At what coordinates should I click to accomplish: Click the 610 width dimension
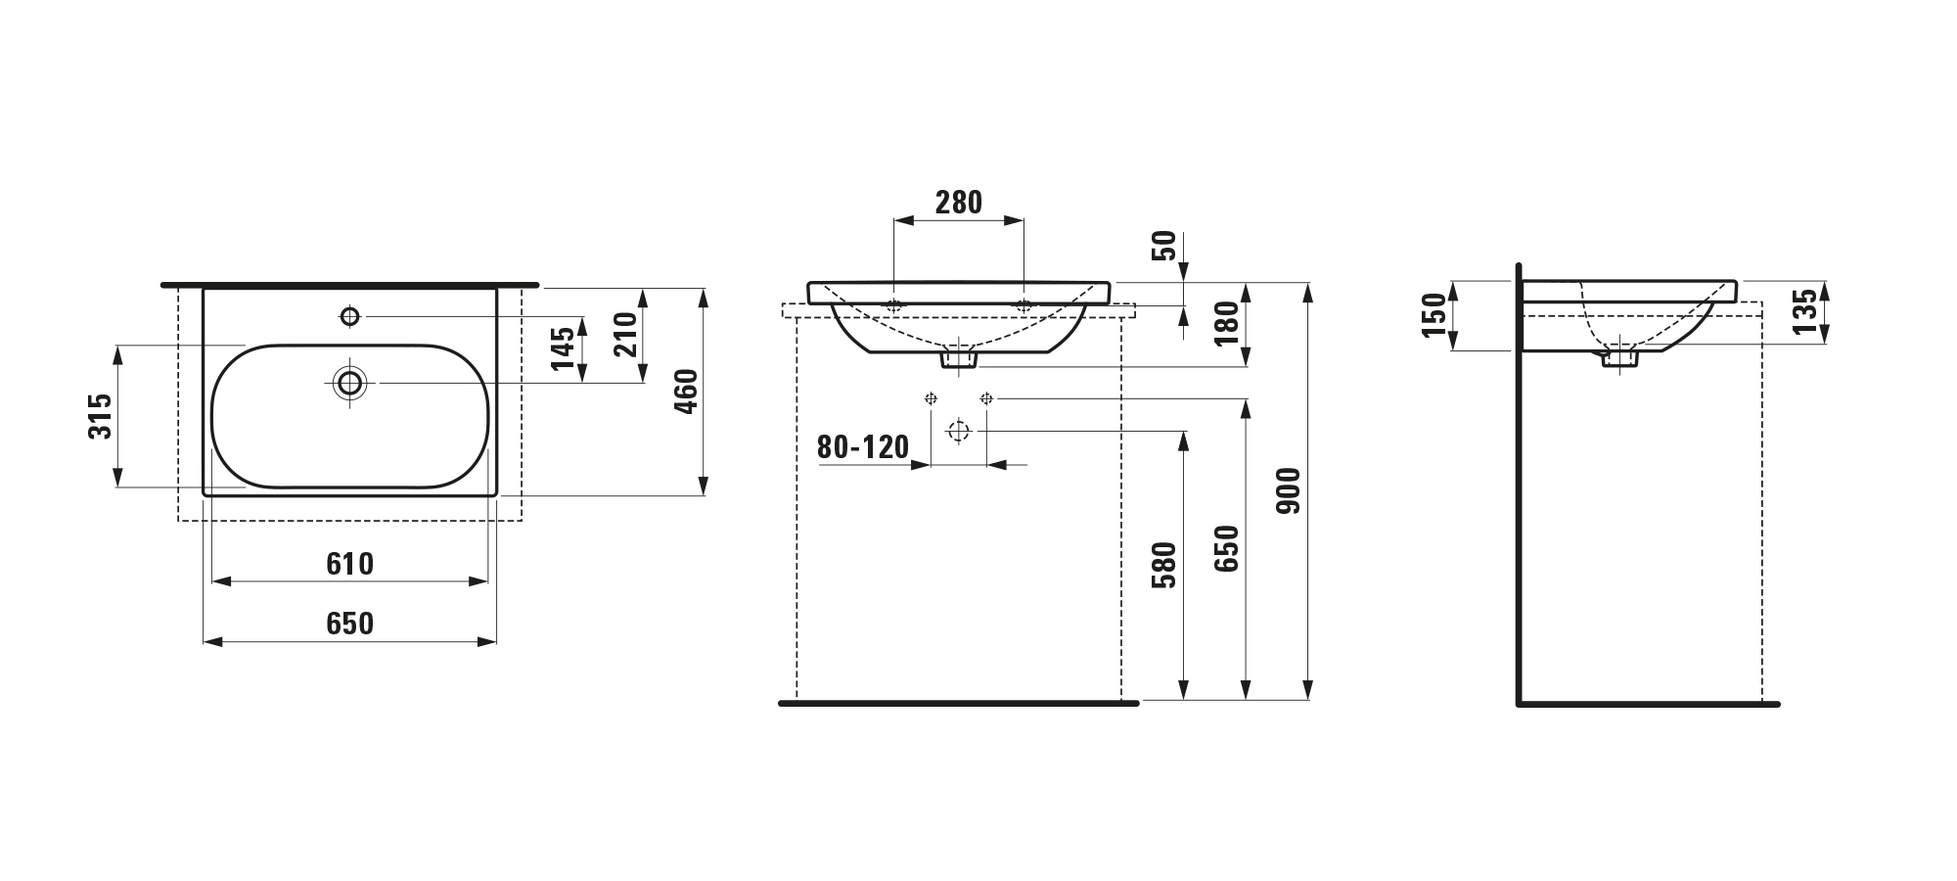[350, 564]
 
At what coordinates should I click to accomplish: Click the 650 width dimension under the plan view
[350, 624]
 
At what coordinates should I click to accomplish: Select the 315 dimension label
[102, 416]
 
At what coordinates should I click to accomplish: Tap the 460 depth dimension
[687, 392]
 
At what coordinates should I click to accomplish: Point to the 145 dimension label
[563, 348]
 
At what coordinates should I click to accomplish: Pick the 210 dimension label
[625, 334]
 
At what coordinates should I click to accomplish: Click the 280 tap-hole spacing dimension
[958, 203]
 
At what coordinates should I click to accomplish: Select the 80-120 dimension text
[863, 447]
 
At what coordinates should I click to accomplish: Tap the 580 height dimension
[1164, 565]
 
